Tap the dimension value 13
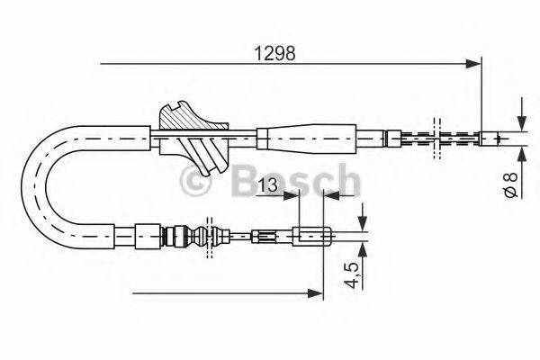pyautogui.click(x=266, y=185)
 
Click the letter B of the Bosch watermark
pyautogui.click(x=245, y=184)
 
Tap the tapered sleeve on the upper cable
pyautogui.click(x=310, y=138)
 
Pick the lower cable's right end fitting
pyautogui.click(x=315, y=238)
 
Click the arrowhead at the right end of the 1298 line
pyautogui.click(x=473, y=63)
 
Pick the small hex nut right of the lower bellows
pyautogui.click(x=263, y=238)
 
